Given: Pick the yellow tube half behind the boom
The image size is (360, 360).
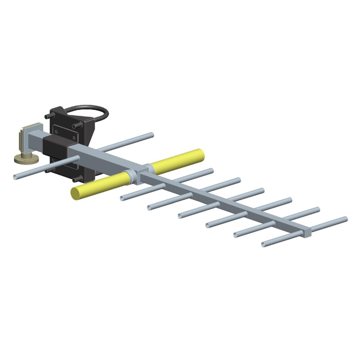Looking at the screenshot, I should point(177,159).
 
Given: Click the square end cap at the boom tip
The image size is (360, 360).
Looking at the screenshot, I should point(307,232).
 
